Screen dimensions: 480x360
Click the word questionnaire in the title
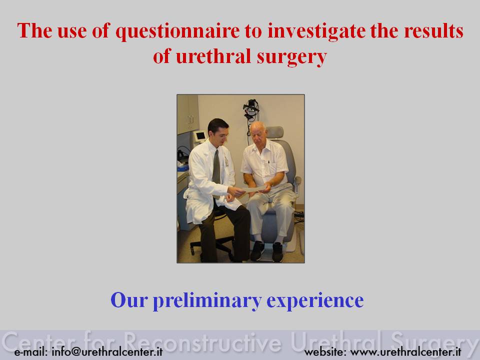pyautogui.click(x=177, y=31)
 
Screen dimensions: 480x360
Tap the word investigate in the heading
pyautogui.click(x=316, y=31)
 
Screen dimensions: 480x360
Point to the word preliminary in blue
pyautogui.click(x=207, y=300)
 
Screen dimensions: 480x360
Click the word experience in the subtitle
pyautogui.click(x=315, y=301)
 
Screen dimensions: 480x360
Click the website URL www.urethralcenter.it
pyautogui.click(x=405, y=351)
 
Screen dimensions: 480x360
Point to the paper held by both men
pyautogui.click(x=253, y=189)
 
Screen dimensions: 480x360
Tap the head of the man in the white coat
pyautogui.click(x=218, y=130)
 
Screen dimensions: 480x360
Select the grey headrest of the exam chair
pyautogui.click(x=274, y=132)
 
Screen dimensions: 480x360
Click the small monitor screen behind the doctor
pyautogui.click(x=200, y=135)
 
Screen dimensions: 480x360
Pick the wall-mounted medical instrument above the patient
pyautogui.click(x=251, y=111)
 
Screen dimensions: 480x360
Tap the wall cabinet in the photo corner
pyautogui.click(x=187, y=114)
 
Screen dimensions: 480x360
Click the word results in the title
pyautogui.click(x=433, y=31)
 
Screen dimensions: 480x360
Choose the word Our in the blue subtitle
pyautogui.click(x=129, y=300)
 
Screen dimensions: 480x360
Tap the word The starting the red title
pyautogui.click(x=34, y=30)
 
